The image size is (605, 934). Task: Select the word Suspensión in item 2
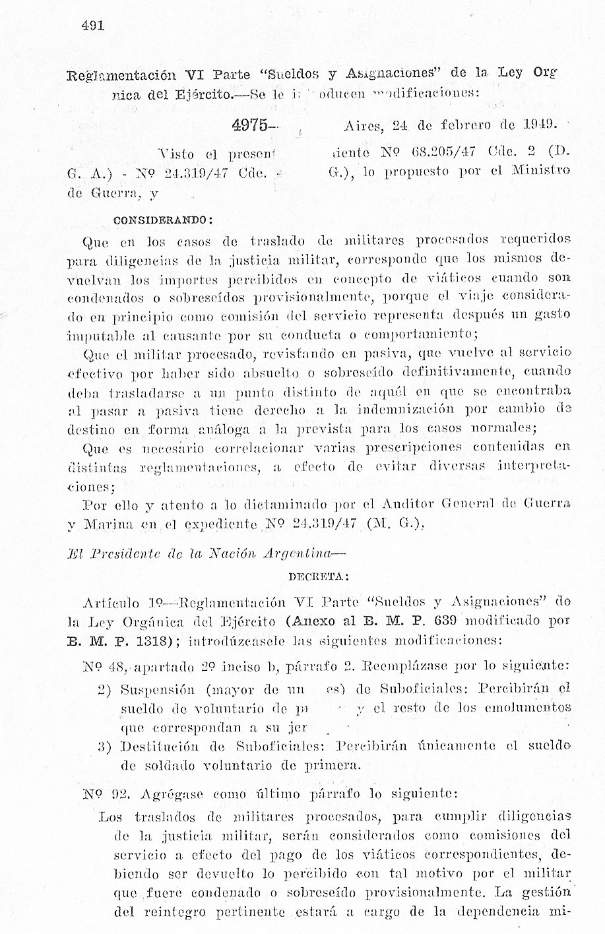coord(158,690)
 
